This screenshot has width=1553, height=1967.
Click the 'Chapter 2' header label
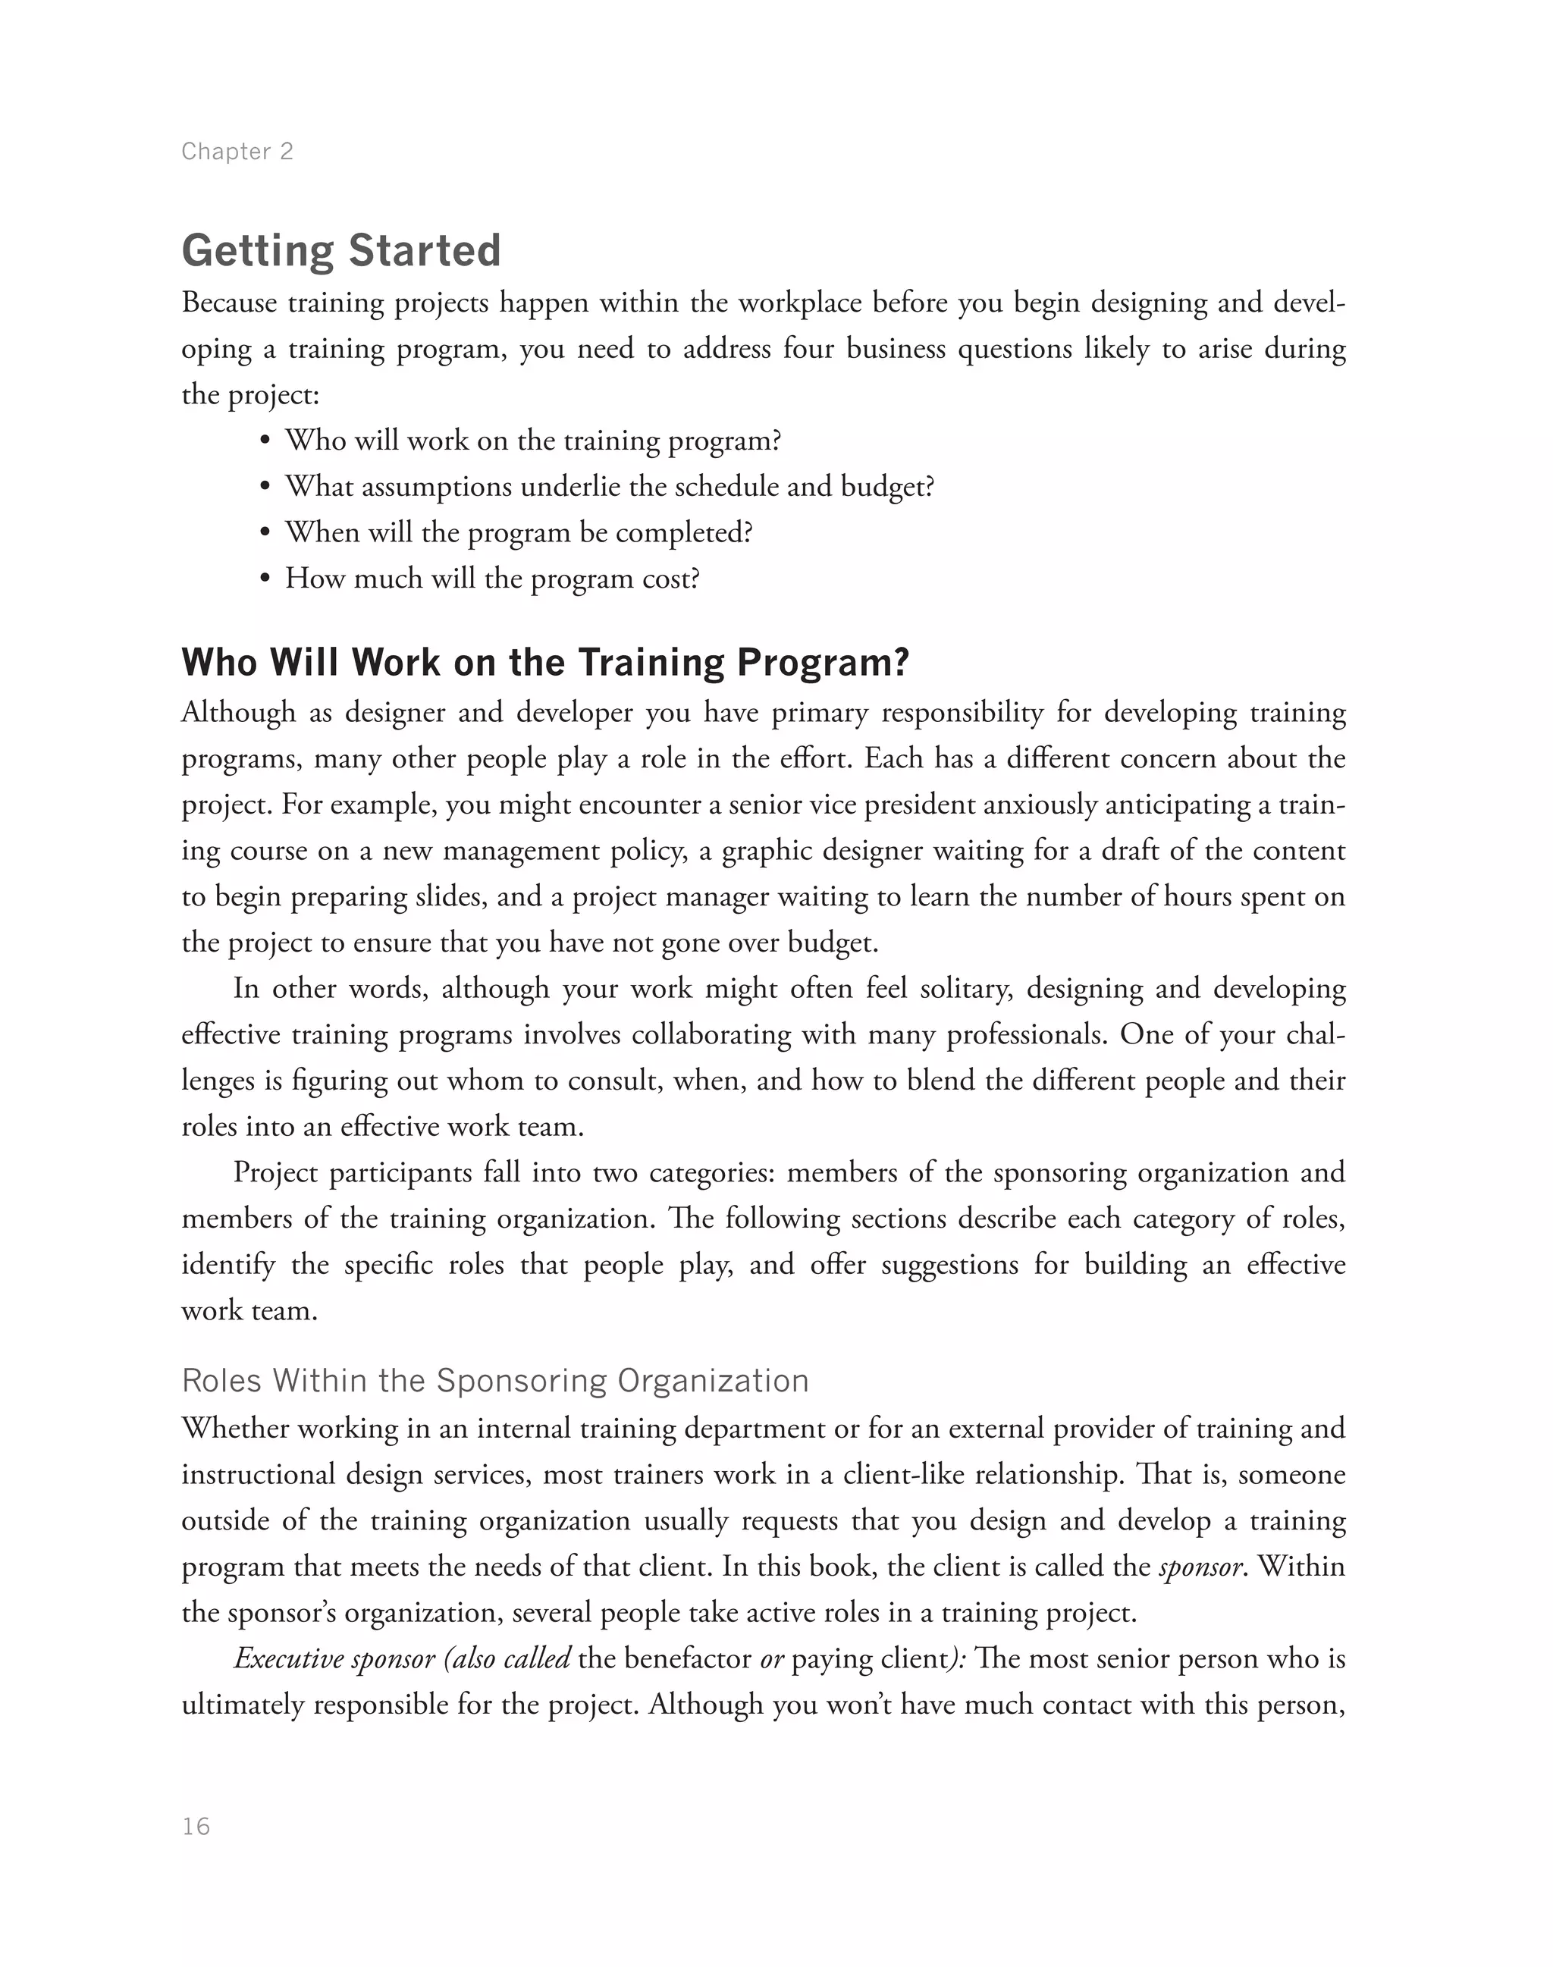click(x=237, y=151)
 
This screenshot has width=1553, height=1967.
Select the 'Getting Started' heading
click(x=341, y=251)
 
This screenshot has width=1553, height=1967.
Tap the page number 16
click(x=196, y=1827)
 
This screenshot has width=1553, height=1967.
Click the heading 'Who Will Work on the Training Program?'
click(x=544, y=662)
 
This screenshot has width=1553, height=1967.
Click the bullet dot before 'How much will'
click(x=265, y=579)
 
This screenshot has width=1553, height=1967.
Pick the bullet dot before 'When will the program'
click(x=265, y=533)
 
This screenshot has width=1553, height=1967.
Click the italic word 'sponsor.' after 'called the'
click(x=1201, y=1567)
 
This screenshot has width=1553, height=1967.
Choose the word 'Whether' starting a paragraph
click(x=233, y=1429)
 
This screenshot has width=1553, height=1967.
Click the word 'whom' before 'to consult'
click(x=490, y=1081)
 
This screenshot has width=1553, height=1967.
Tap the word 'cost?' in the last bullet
click(x=671, y=579)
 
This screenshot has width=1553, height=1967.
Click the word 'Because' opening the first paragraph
click(x=229, y=303)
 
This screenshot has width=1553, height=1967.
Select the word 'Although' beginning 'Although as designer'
click(x=238, y=712)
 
